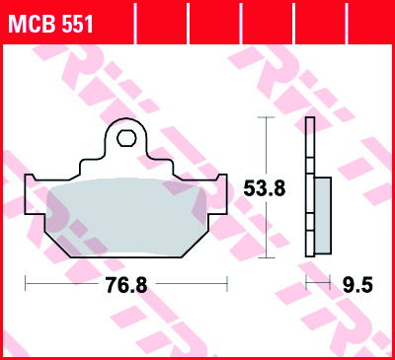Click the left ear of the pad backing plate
(x=32, y=185)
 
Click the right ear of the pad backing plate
(x=220, y=185)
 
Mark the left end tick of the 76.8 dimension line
(x=25, y=284)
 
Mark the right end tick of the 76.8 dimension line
(x=228, y=284)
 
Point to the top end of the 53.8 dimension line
(x=264, y=117)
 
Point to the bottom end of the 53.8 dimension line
(x=264, y=258)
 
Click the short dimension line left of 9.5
(x=317, y=284)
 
